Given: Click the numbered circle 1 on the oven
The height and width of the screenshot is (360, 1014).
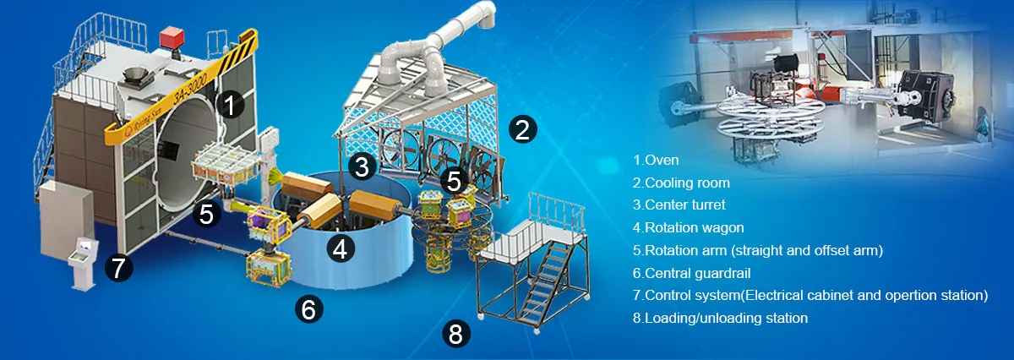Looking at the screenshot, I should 230,105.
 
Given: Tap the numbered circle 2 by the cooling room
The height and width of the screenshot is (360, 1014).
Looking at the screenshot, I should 521,129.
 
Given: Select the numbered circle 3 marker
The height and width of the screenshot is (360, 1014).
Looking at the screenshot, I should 362,166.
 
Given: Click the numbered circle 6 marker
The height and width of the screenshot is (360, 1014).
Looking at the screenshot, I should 308,310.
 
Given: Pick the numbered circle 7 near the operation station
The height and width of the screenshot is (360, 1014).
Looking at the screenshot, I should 118,268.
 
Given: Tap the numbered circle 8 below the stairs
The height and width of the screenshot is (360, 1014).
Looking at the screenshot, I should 455,335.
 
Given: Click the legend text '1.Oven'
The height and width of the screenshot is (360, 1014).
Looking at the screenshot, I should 656,159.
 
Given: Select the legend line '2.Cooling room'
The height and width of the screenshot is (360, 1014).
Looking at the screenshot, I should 681,182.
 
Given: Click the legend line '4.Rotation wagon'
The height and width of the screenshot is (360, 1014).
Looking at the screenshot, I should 685,227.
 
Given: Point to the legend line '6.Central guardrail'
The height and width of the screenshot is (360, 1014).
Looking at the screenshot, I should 692,273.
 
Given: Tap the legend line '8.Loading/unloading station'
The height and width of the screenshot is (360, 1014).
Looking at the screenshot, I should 720,319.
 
